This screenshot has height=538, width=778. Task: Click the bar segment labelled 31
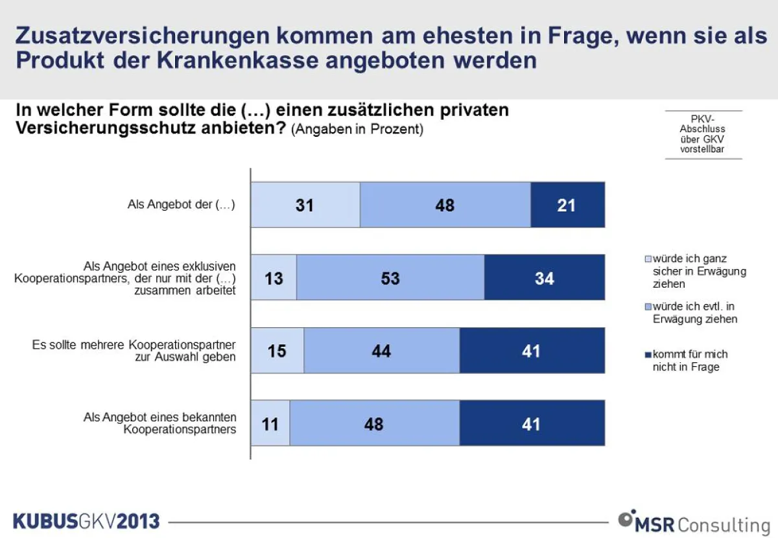pos(305,205)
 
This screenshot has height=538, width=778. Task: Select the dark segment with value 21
pos(567,205)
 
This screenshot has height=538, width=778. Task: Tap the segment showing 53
pos(390,277)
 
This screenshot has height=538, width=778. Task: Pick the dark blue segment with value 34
pos(545,277)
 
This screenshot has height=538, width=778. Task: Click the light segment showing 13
pos(274,277)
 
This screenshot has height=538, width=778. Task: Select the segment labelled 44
pos(381,351)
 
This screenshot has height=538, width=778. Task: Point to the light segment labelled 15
pos(277,351)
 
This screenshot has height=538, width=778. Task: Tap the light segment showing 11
pos(270,424)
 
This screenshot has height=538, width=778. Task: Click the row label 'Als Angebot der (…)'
pos(181,205)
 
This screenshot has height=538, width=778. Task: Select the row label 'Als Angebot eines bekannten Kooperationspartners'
pos(160,423)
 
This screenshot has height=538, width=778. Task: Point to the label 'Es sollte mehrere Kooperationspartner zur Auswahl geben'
pos(134,350)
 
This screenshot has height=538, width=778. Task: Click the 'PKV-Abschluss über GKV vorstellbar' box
pos(703,135)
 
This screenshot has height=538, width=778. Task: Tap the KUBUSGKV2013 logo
pos(86,520)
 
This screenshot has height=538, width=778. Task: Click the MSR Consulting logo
pos(693,522)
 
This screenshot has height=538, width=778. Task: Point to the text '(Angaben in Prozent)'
pos(357,129)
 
